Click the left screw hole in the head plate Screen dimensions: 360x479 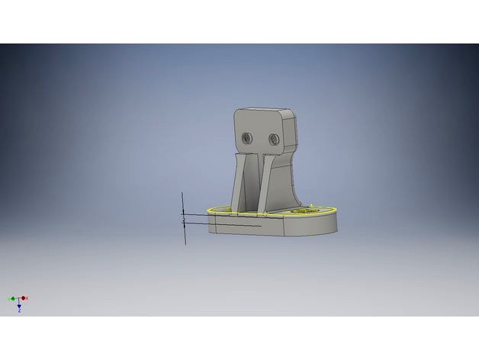pyautogui.click(x=248, y=138)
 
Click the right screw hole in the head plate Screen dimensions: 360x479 pyautogui.click(x=273, y=139)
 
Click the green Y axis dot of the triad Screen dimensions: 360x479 pyautogui.click(x=10, y=298)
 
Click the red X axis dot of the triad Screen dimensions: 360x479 pyautogui.click(x=24, y=298)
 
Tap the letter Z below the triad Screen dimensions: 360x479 pyautogui.click(x=19, y=311)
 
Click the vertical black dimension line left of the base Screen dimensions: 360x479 pyautogui.click(x=184, y=229)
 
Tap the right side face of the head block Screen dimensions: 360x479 pyautogui.click(x=291, y=133)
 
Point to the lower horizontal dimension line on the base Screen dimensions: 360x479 pyautogui.click(x=229, y=224)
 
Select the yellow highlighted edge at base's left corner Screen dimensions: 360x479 pyautogui.click(x=211, y=210)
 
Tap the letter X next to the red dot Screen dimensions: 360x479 pyautogui.click(x=28, y=297)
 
